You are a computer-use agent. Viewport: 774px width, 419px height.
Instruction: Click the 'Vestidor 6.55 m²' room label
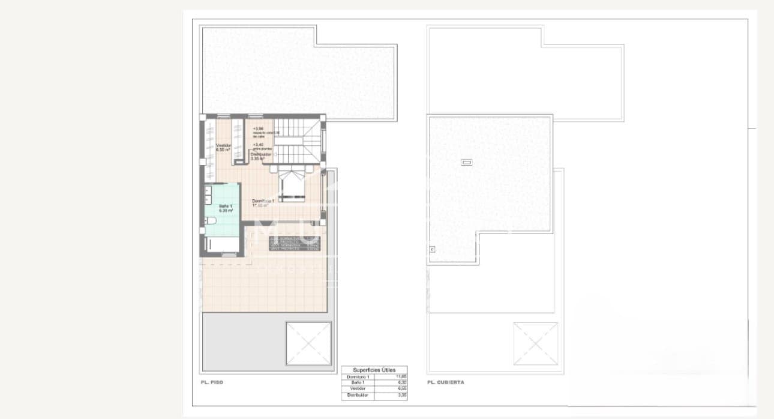click(224, 148)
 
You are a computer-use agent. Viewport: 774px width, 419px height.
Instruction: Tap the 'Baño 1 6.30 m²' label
click(226, 208)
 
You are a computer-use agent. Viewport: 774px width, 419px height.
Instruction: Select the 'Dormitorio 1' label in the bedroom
click(263, 202)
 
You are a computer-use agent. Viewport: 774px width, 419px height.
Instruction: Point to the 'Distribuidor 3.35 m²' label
click(262, 157)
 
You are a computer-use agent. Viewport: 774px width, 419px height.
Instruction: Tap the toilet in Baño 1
click(209, 222)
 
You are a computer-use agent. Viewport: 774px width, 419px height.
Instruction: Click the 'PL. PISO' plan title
click(212, 382)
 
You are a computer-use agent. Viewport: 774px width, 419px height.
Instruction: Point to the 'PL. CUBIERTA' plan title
click(445, 382)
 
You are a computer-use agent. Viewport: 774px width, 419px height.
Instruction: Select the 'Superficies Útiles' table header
click(374, 370)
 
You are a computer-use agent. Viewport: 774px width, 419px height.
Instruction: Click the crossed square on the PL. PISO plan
click(308, 343)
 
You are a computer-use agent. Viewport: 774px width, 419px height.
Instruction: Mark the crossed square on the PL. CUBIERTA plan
click(535, 343)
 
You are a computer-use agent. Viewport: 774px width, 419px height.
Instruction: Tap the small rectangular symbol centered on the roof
click(466, 162)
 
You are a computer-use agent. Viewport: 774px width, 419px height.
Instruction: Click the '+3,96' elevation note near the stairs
click(258, 129)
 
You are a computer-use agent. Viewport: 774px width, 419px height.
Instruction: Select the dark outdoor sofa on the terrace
click(295, 244)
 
